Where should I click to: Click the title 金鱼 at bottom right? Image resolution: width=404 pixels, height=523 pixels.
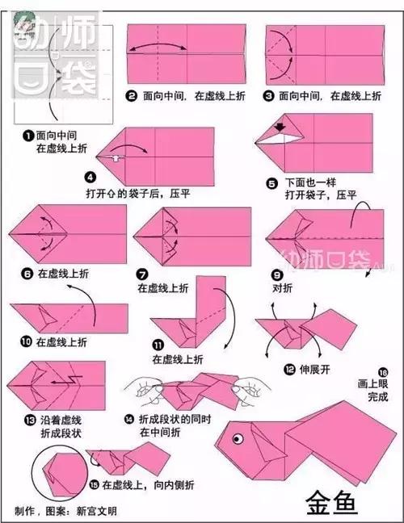coord(328,501)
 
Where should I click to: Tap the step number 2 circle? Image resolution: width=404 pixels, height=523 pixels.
coord(131,95)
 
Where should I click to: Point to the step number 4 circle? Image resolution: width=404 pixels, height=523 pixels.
coord(90,177)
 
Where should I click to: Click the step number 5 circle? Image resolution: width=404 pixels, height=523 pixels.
coord(271,184)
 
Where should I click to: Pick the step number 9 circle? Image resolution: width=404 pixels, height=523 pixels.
coord(276,273)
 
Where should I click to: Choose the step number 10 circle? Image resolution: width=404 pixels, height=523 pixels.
coord(25,342)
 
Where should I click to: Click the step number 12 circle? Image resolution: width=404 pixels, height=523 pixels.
coord(288,368)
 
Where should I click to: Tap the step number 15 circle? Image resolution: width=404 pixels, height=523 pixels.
coord(94,484)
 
